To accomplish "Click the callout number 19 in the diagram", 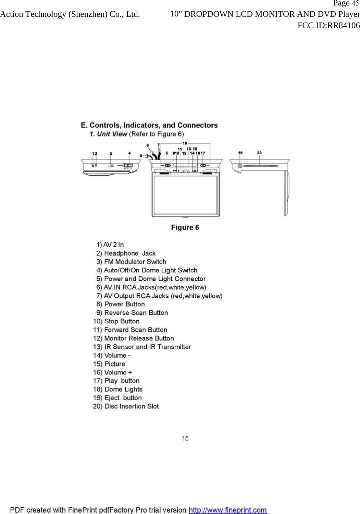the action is coord(240,153).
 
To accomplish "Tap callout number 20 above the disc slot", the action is coord(259,153).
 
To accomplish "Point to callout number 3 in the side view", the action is coord(111,154).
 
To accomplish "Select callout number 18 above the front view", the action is coord(185,143).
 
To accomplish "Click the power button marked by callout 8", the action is coord(167,165).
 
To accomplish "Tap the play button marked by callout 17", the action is coord(203,165).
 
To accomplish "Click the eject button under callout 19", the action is coord(240,166).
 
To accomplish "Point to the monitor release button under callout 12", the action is coord(185,171).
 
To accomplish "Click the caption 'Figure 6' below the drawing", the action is coord(185,228).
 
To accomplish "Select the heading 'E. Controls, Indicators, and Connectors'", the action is coord(149,125).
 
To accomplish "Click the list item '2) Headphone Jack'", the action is coord(126,253).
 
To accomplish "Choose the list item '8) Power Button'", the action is coord(121,304).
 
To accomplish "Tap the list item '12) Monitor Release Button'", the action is coord(134,338).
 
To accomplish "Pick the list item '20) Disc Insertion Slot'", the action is coord(126,406).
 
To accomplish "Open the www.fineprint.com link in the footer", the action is coord(228,510).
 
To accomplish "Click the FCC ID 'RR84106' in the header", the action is coord(343,25).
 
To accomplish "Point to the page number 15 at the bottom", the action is coord(185,438).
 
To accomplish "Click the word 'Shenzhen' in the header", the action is coord(87,14).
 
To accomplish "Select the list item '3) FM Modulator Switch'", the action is coord(131,262).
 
